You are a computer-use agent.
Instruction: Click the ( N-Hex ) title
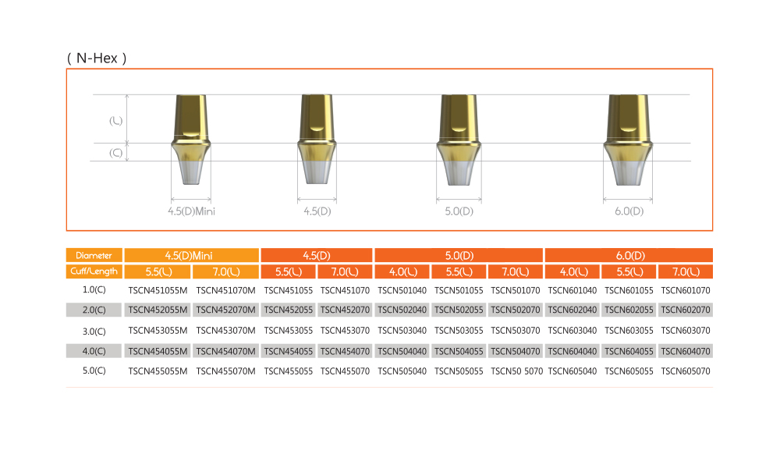coord(97,59)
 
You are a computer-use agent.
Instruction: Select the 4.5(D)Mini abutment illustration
coord(191,140)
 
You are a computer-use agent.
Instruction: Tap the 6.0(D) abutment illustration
coord(628,140)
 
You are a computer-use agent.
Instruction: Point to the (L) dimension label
coord(116,121)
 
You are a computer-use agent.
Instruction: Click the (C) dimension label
coord(116,153)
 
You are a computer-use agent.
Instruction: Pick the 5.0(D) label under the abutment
coord(459,211)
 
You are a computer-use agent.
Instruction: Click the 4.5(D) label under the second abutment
coord(317,211)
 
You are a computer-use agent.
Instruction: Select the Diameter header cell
coord(94,255)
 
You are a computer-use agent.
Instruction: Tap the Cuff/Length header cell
coord(94,271)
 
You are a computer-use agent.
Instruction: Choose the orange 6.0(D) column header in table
coord(629,255)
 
